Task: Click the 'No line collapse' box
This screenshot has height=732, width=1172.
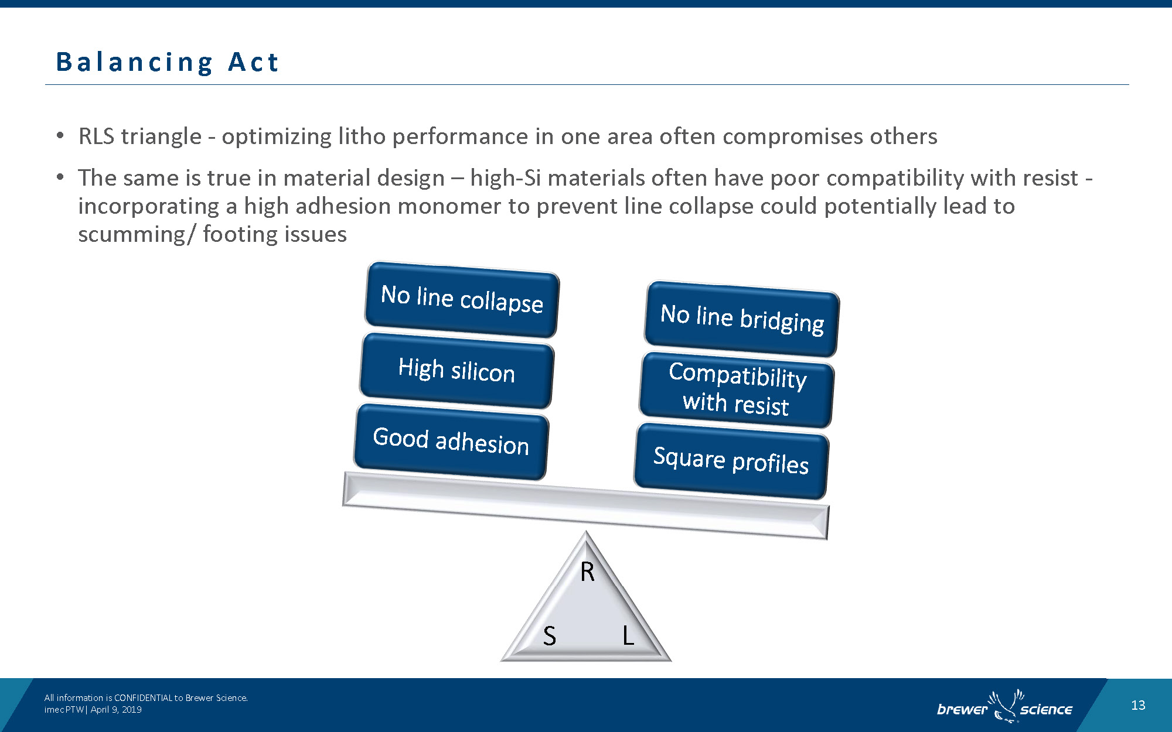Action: pos(462,299)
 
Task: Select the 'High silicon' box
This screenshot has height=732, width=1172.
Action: pos(456,371)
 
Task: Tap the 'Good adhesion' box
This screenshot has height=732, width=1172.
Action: pos(451,442)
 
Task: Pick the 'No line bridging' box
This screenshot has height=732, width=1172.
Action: pos(742,319)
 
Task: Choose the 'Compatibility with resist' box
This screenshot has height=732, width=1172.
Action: pos(737,389)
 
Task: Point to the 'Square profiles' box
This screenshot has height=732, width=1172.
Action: pos(731,461)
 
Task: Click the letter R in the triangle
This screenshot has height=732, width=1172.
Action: pos(587,572)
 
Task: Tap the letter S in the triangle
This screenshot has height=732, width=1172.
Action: pos(549,635)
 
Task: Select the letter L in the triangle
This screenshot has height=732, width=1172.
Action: pos(628,635)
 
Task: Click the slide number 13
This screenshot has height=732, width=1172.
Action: pos(1138,705)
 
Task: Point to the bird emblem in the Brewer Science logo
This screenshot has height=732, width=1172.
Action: pos(1004,706)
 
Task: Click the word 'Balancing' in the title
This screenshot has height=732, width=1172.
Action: pos(135,63)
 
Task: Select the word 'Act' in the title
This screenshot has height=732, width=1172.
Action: pos(253,61)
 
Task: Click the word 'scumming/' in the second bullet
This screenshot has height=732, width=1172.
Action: pos(136,234)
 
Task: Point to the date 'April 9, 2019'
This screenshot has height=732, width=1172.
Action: pos(116,709)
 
